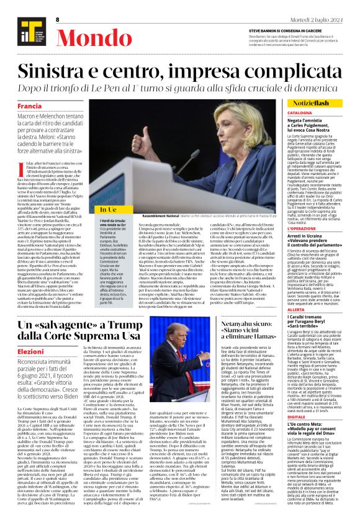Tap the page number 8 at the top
[x=56, y=20]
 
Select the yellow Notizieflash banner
[x=328, y=101]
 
